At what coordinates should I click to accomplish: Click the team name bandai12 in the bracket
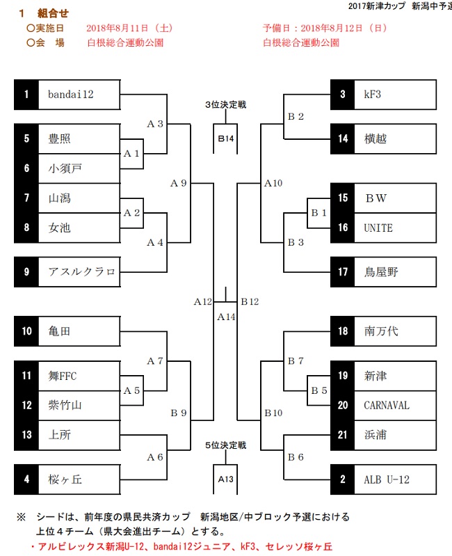click(70, 95)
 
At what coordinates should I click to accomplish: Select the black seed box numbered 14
click(343, 139)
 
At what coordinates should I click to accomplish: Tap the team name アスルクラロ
click(82, 271)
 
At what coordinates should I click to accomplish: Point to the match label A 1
click(132, 154)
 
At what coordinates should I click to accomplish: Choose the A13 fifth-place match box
click(225, 479)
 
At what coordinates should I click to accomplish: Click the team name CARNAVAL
click(387, 406)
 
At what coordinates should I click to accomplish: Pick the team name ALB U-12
click(387, 479)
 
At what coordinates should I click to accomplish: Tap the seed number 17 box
click(343, 272)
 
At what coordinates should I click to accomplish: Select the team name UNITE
click(378, 228)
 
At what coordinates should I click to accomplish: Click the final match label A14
click(225, 317)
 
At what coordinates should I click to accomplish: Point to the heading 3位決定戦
click(225, 105)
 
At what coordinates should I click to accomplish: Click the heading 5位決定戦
click(225, 445)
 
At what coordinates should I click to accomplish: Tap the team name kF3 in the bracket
click(373, 95)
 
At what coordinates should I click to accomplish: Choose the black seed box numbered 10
click(26, 332)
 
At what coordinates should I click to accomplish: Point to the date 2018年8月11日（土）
click(129, 29)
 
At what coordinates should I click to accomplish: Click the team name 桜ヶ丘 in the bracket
click(65, 479)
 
